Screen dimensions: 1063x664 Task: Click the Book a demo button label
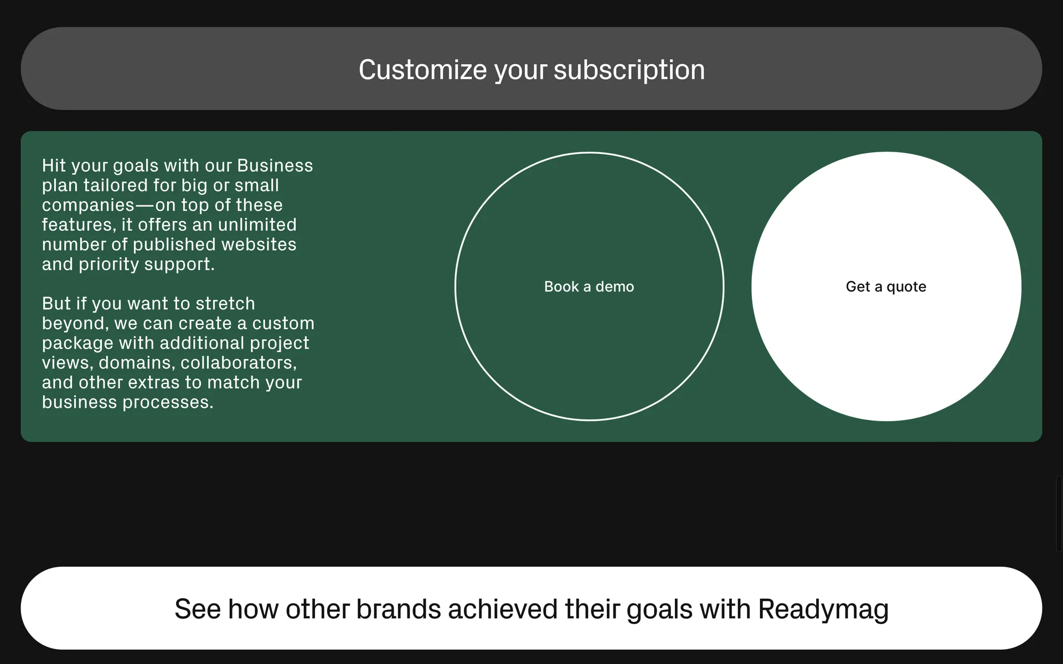(589, 287)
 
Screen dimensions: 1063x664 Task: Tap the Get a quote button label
(886, 287)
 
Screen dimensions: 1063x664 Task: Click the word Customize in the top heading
(423, 70)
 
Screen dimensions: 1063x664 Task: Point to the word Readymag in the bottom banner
(823, 610)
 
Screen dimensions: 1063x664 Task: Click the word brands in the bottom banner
(399, 609)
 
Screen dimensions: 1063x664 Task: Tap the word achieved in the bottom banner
(503, 609)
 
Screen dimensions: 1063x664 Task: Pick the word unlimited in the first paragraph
(257, 225)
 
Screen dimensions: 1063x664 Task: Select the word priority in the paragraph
(109, 264)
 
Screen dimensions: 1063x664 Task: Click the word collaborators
(239, 363)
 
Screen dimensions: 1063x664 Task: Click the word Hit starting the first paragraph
(54, 165)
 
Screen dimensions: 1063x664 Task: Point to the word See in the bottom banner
(198, 609)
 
